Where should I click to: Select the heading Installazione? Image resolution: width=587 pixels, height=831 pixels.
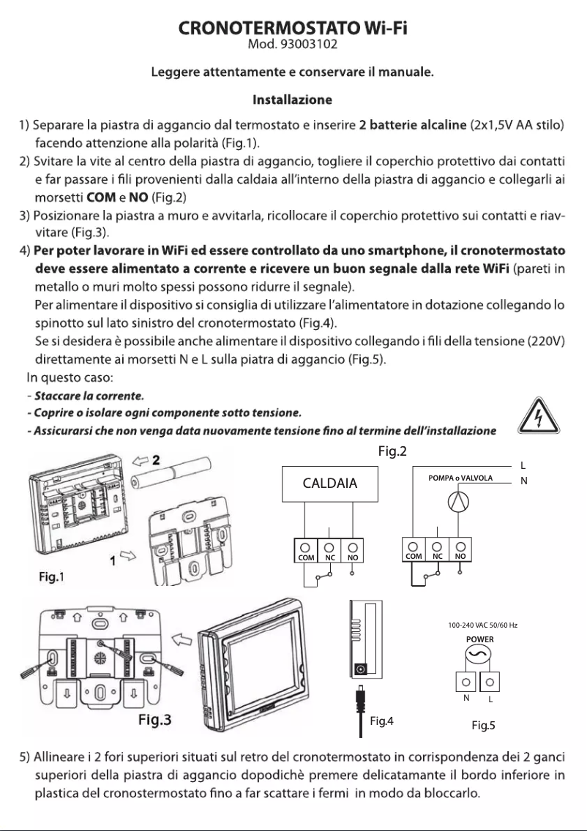[x=293, y=99]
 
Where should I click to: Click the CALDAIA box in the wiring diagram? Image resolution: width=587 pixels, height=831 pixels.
[x=329, y=484]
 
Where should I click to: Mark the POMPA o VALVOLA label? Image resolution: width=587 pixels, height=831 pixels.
[x=460, y=478]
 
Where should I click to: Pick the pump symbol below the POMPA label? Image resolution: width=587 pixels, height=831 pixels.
[x=460, y=505]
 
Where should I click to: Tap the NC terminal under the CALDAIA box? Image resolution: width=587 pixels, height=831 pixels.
[x=330, y=549]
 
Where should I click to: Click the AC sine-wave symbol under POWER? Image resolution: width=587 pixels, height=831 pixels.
[x=480, y=654]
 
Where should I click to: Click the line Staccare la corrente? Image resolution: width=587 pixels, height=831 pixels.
[x=78, y=395]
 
